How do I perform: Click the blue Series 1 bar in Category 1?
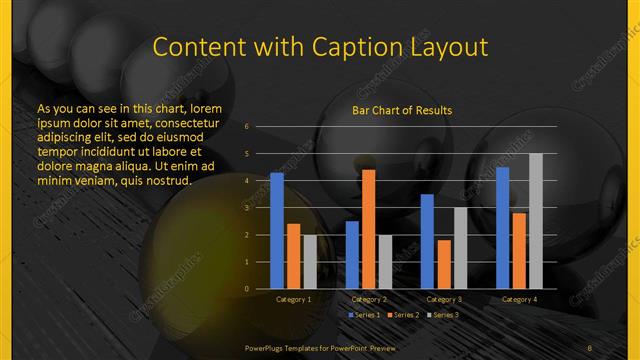[277, 231]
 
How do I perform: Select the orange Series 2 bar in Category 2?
[368, 229]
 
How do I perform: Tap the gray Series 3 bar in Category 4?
[535, 221]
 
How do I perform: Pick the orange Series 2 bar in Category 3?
[443, 264]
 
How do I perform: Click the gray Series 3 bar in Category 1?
[310, 262]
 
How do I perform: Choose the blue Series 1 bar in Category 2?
[352, 255]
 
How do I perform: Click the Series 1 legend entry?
[362, 315]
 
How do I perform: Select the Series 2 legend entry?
[400, 315]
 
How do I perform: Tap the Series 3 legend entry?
[440, 315]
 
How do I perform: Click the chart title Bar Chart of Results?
[402, 110]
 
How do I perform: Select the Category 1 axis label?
[294, 299]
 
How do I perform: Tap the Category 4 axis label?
[518, 299]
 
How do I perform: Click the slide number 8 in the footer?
[590, 346]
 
